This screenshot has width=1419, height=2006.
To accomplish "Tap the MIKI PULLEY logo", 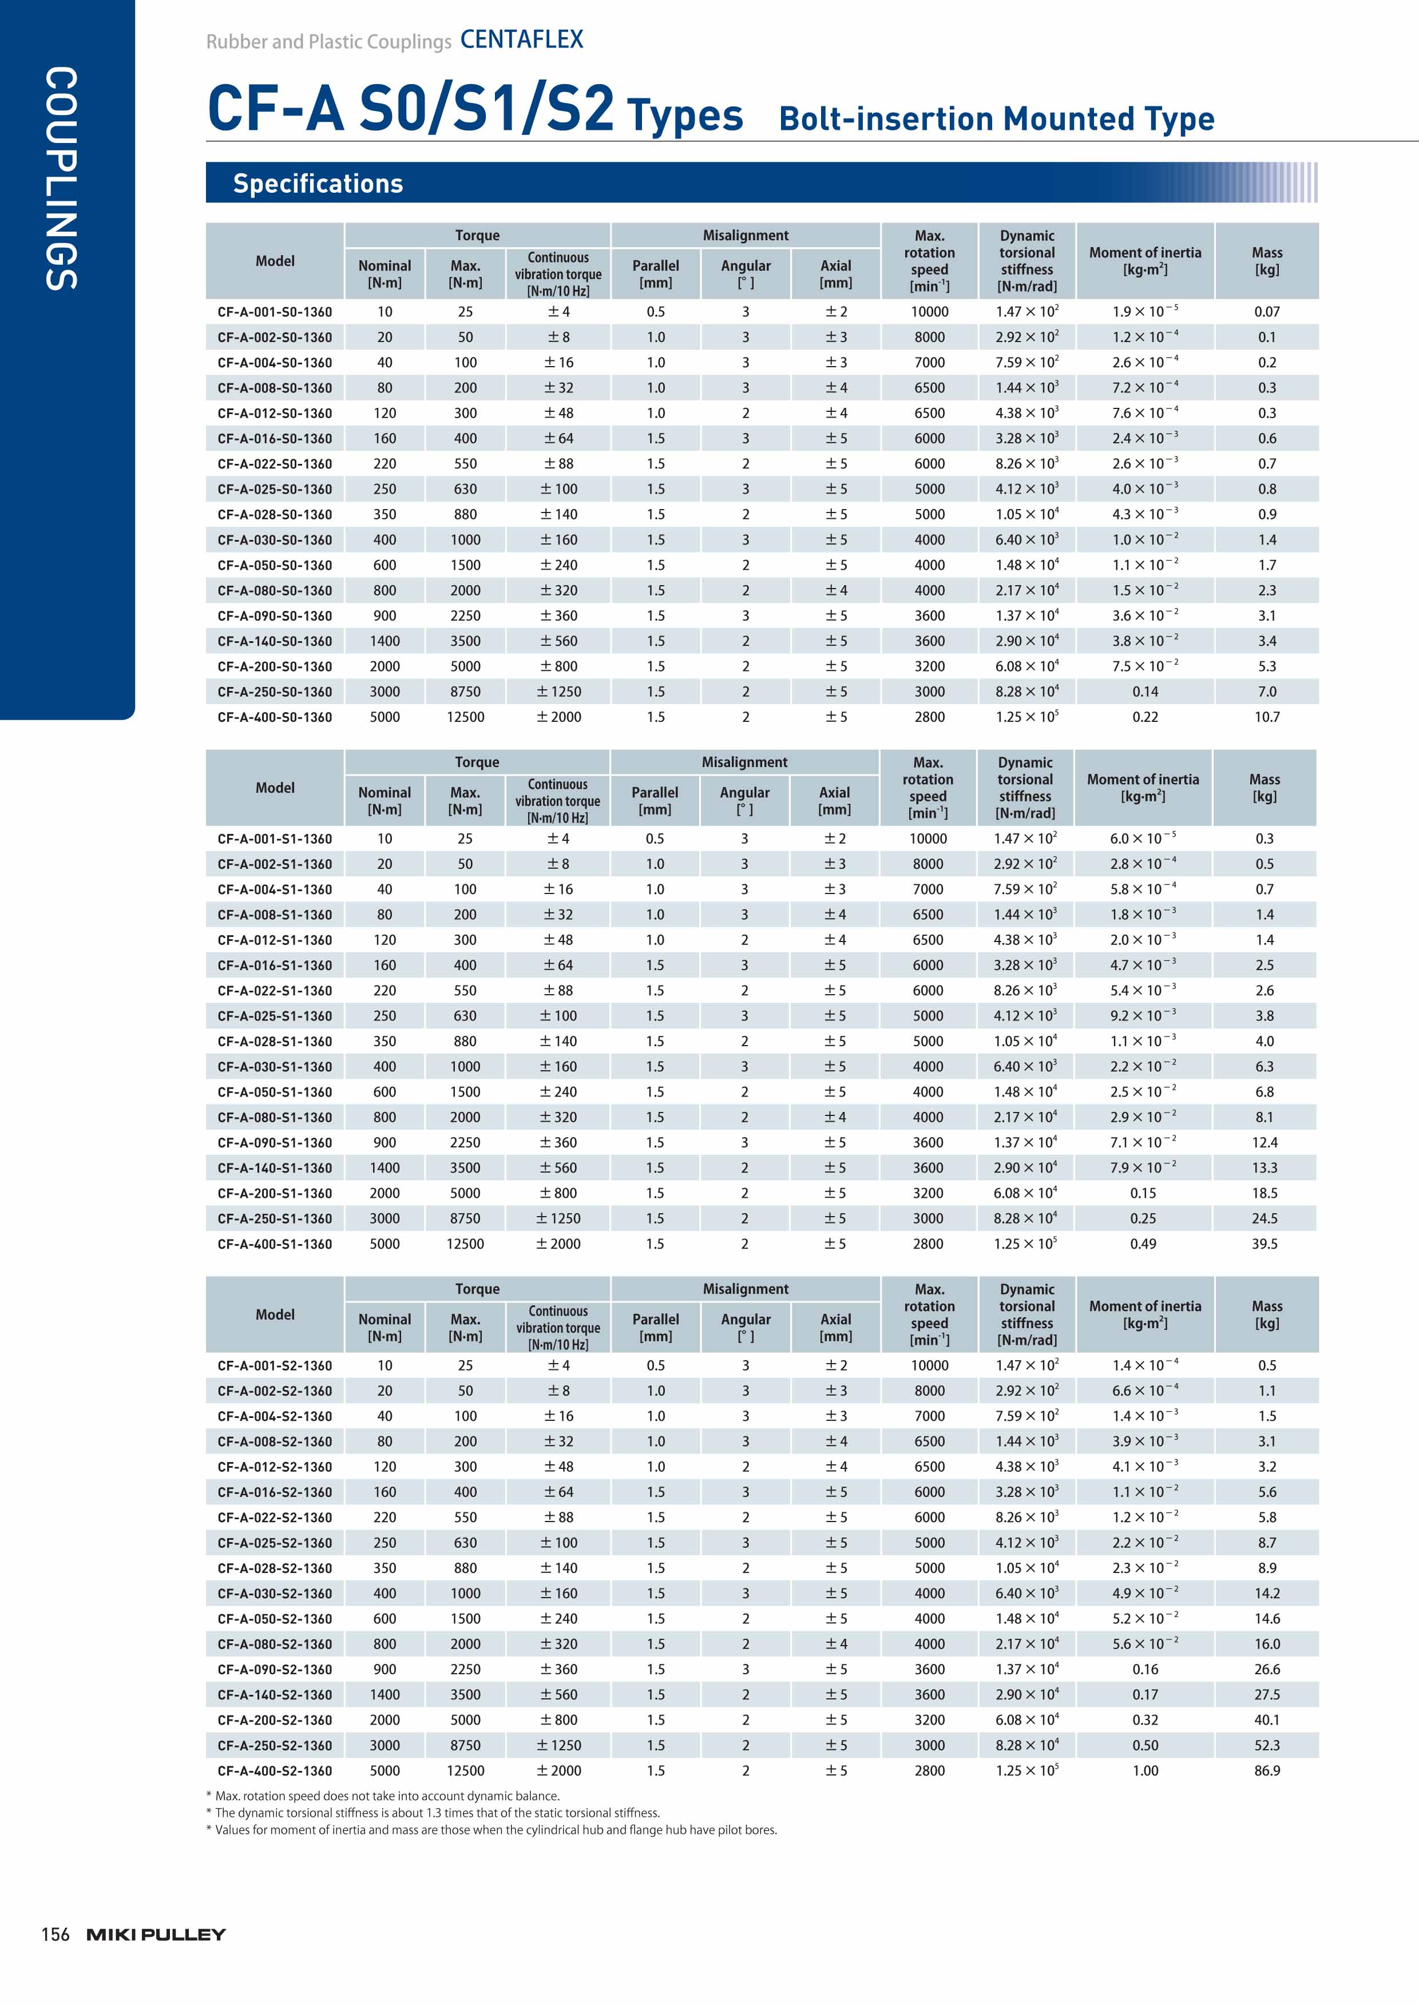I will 156,1935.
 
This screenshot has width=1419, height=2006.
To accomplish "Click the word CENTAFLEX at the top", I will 522,39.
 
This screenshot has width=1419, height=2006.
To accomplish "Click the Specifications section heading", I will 318,184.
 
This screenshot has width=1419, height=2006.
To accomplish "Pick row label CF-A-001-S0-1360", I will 275,312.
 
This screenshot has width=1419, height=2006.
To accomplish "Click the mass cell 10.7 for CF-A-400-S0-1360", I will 1266,717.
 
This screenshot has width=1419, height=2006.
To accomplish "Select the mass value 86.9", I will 1266,1771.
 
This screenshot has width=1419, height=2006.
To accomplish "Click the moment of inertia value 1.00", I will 1144,1771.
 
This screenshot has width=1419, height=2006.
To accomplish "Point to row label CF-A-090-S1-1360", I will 275,1143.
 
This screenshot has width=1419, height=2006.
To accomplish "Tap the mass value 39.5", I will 1265,1244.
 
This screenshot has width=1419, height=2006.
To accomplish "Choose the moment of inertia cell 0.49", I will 1143,1244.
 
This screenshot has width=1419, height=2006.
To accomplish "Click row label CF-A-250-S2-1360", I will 275,1746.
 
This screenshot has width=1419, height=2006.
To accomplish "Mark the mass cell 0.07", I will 1266,312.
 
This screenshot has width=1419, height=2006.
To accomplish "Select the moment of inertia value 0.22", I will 1144,717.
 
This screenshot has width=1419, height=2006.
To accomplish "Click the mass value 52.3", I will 1266,1746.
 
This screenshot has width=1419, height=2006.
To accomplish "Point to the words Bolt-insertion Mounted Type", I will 996,119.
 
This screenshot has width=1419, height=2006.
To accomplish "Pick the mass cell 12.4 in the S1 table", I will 1265,1143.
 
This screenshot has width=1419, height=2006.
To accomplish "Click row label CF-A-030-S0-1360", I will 275,540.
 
